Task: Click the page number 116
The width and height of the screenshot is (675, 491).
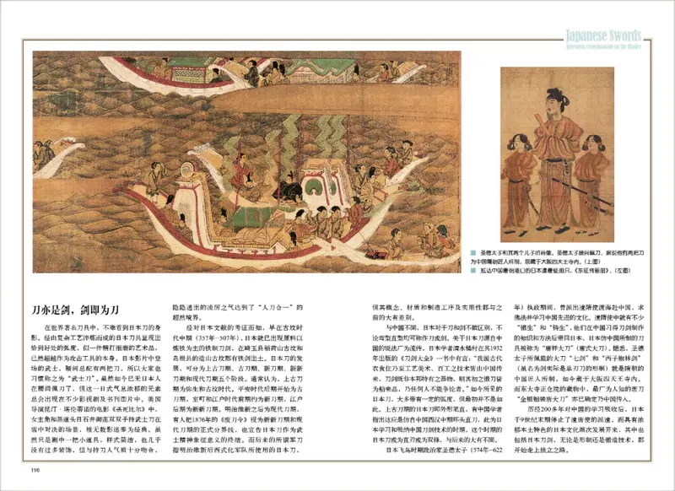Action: point(35,471)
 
